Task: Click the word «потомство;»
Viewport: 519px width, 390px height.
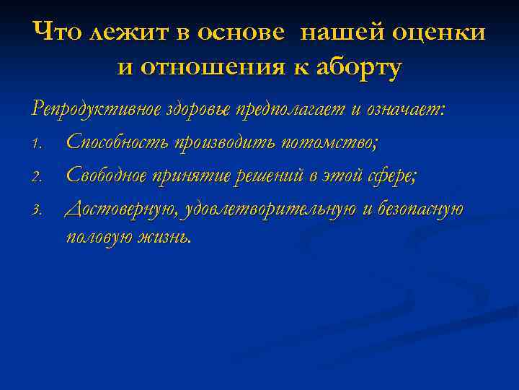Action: click(329, 142)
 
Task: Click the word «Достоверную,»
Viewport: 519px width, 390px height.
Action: click(122, 209)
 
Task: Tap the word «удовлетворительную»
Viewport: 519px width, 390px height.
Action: click(270, 209)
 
